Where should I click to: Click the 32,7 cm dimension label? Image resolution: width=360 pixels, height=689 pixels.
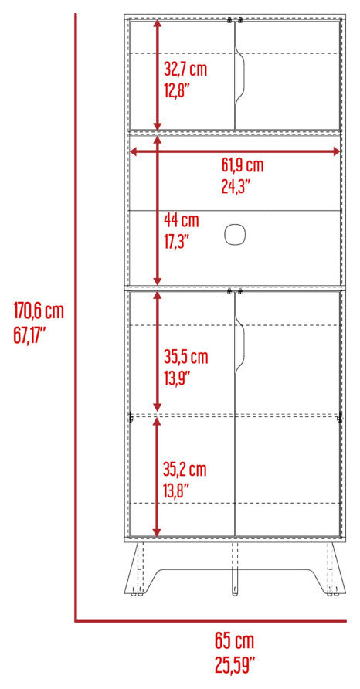coord(185,70)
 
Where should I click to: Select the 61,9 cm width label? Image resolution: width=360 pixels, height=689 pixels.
coord(243,165)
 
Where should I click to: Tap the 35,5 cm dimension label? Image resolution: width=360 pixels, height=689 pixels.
coord(186,357)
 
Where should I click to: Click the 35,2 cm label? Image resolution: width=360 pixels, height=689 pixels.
coord(185,470)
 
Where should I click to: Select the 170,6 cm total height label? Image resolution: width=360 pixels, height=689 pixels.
coord(39,311)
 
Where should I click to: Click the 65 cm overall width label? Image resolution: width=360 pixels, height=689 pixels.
coord(234,641)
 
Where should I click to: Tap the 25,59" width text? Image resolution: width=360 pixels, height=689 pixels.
coord(234,664)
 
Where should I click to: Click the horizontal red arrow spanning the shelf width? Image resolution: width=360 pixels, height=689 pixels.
coord(235,151)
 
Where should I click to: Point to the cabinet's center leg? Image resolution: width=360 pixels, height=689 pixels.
coord(235,568)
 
